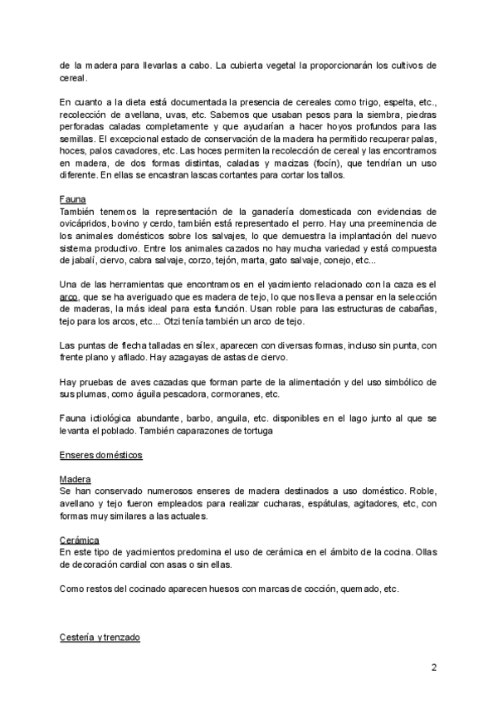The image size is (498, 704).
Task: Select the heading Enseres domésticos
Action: (101, 455)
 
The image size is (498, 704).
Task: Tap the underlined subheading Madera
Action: (75, 480)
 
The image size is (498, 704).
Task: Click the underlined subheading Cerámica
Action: (80, 540)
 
